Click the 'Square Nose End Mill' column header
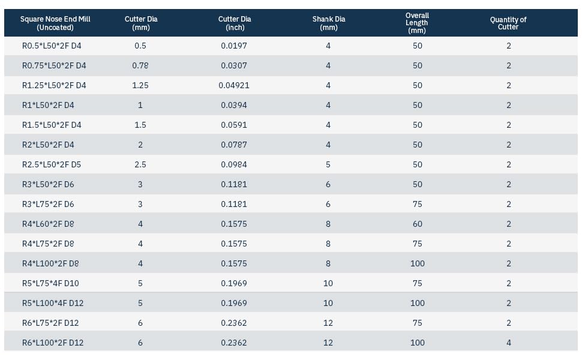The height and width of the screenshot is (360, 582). coord(55,23)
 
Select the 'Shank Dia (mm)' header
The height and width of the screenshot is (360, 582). coord(328,23)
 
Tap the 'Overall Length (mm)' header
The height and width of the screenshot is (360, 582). coord(417,23)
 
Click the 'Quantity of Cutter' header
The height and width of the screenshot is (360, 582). coord(508,23)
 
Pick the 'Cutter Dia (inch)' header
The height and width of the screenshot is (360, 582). coord(235,23)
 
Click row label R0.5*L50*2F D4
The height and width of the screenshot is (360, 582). coord(52,46)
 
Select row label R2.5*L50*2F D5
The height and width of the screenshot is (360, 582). coord(52,164)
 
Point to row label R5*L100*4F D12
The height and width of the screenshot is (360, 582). coord(53,303)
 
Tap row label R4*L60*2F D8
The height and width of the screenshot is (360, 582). coord(48,224)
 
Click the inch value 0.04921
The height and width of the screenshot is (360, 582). coord(234,85)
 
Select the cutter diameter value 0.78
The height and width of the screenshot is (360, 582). coord(140,65)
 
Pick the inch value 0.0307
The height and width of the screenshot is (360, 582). coord(234,65)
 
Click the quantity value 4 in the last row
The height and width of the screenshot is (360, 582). coord(509,343)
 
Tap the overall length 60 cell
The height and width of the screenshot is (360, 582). coord(418,224)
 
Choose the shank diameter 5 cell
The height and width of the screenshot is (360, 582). coord(328,164)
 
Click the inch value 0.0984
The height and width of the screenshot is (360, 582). coord(234,164)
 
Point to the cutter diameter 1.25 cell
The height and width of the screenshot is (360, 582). coord(140,85)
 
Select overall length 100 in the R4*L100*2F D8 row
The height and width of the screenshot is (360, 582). coord(418,263)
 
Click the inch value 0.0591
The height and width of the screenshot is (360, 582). coord(234,125)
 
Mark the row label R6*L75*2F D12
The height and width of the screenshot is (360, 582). coord(50,323)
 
